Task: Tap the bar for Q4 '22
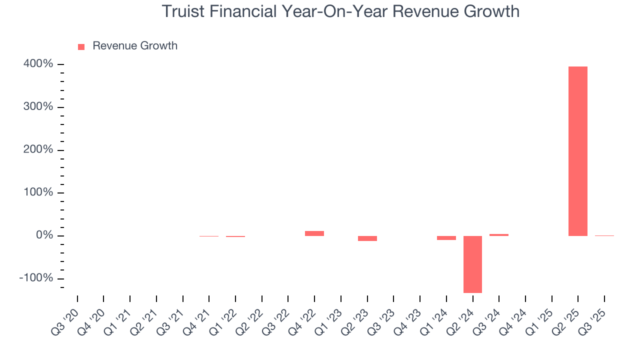click(x=314, y=233)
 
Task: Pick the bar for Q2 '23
click(x=367, y=238)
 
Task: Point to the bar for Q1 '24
click(x=446, y=238)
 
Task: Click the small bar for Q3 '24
click(x=499, y=235)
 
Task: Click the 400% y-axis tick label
click(x=38, y=64)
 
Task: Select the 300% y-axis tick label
click(x=38, y=107)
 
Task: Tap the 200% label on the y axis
click(x=38, y=150)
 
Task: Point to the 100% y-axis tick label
click(x=38, y=192)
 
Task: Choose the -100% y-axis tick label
click(x=36, y=278)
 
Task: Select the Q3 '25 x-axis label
click(x=593, y=322)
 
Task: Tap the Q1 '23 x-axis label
click(x=329, y=322)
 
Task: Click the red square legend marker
click(x=81, y=47)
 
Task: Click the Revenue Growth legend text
click(x=135, y=46)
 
